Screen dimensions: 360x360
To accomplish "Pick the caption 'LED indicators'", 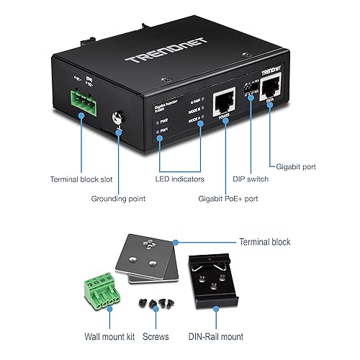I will [x=179, y=179].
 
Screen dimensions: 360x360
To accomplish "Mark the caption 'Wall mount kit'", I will [x=86, y=336].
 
